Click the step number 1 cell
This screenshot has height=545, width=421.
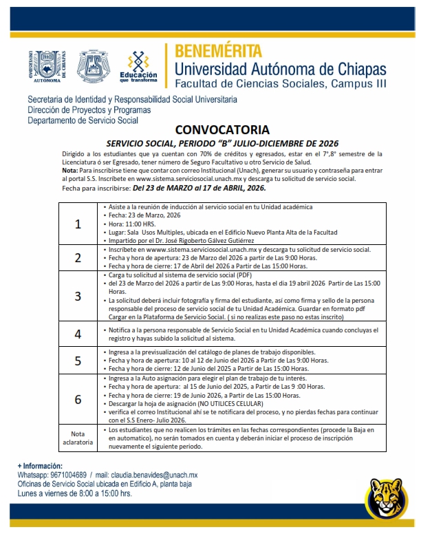click(x=78, y=224)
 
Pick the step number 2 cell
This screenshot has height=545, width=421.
click(x=78, y=258)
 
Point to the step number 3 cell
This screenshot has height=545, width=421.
click(x=78, y=296)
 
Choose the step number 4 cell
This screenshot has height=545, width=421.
click(x=78, y=334)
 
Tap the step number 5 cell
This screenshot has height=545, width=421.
click(x=78, y=361)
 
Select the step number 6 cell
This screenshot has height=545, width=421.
click(x=78, y=399)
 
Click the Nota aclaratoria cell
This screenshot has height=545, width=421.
click(x=78, y=437)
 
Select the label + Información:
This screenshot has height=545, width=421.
click(x=40, y=466)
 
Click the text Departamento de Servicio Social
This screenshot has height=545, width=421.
click(x=83, y=120)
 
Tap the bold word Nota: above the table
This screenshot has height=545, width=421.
click(x=69, y=170)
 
